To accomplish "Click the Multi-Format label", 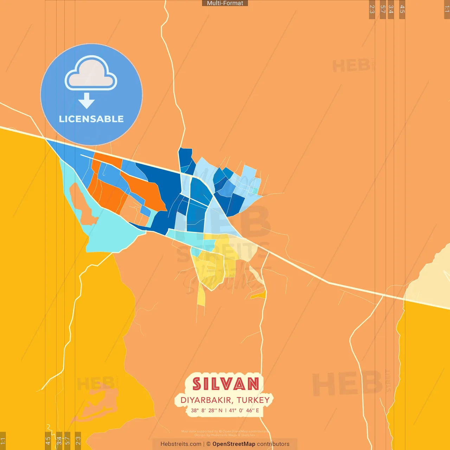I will click(225, 3).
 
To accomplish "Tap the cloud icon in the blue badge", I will click(91, 73).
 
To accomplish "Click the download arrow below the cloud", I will click(86, 101).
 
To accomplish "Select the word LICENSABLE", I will click(91, 119).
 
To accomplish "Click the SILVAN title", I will click(226, 384).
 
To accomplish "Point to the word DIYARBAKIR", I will click(206, 400).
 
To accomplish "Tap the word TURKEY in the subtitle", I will click(253, 400).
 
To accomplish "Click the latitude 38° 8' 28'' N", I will click(207, 410).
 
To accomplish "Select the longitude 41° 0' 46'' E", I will click(244, 410).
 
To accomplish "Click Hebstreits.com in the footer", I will click(181, 444).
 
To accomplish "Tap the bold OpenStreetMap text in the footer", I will click(234, 444).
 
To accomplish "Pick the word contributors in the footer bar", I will click(273, 444).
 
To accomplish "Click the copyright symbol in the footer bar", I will click(208, 444).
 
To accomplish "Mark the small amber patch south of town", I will click(259, 295).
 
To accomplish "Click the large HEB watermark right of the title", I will click(346, 383).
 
